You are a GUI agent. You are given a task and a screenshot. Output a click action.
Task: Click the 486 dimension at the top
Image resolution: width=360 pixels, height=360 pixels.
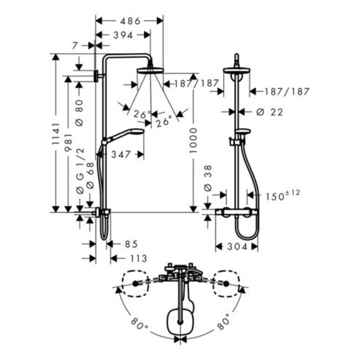[x=130, y=21]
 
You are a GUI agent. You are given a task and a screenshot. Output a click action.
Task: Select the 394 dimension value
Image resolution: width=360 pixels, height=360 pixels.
[x=123, y=36]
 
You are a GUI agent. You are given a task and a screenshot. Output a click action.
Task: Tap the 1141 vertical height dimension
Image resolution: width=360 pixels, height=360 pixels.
[x=56, y=134]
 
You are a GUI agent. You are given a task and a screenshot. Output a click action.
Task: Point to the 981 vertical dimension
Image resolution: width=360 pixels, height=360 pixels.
[x=68, y=143]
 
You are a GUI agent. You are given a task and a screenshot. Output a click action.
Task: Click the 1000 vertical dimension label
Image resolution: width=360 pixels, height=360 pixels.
[x=193, y=140]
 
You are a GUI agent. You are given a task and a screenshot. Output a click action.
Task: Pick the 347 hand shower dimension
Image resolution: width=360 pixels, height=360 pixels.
[x=121, y=154]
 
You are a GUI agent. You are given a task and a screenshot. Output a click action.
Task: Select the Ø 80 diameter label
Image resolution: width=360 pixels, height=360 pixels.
[x=79, y=113]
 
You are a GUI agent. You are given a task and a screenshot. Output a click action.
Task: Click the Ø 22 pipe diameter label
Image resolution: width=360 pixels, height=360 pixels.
[x=270, y=112]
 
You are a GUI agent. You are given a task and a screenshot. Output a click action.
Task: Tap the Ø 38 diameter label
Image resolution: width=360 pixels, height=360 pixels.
[x=208, y=178]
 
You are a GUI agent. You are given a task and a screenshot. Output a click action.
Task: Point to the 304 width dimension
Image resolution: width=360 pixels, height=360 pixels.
[x=237, y=247]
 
